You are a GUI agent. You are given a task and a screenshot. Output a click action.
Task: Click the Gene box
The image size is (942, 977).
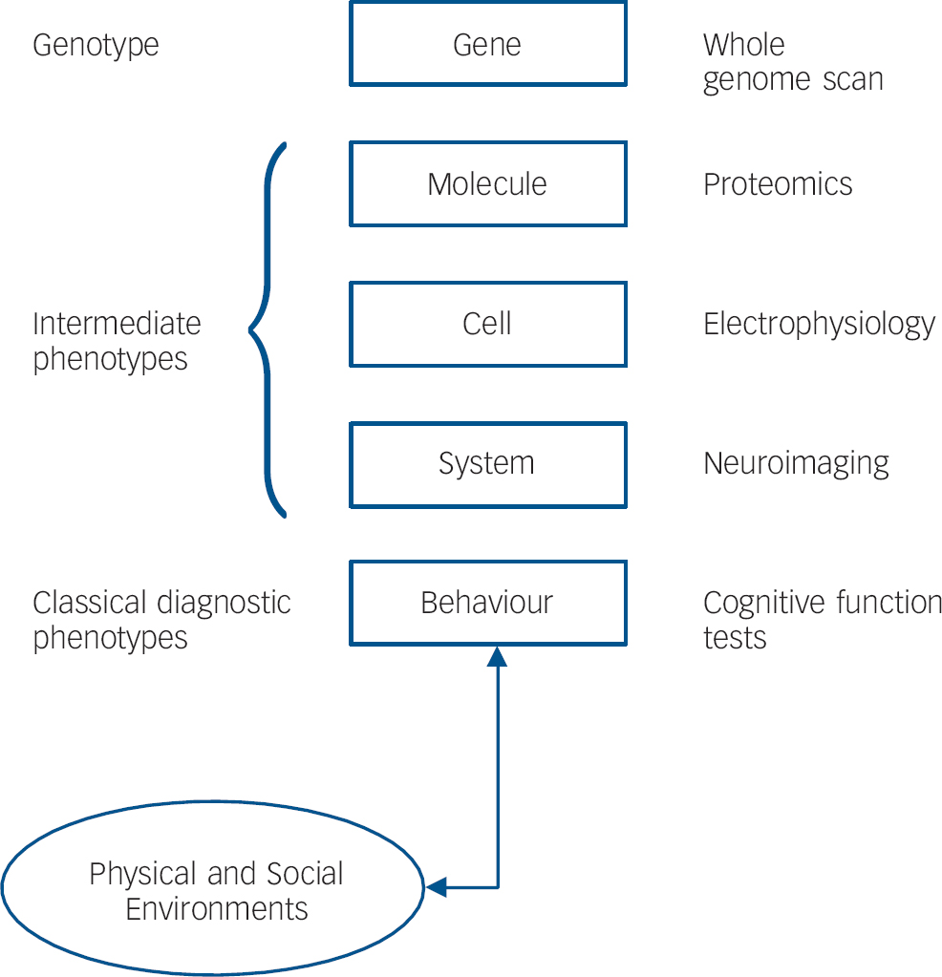(487, 44)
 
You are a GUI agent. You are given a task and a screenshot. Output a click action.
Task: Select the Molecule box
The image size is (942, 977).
(487, 184)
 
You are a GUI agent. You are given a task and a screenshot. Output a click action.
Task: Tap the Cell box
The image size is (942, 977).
(487, 324)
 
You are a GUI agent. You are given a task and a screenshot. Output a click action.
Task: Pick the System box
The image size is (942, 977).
(487, 464)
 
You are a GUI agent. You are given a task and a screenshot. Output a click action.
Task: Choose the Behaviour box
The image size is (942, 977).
(487, 603)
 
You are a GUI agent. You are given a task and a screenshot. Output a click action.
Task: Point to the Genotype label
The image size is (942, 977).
(96, 45)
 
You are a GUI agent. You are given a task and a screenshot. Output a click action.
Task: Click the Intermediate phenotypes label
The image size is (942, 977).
(117, 341)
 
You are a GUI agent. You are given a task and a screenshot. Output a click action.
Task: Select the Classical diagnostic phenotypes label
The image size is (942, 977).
(161, 620)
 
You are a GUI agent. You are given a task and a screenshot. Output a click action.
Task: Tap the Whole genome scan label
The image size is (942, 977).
(793, 62)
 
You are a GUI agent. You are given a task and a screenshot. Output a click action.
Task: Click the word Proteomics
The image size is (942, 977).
(778, 184)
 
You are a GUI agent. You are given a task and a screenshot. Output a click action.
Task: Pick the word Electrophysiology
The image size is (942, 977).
(819, 325)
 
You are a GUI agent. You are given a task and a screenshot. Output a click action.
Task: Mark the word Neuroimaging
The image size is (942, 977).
(796, 464)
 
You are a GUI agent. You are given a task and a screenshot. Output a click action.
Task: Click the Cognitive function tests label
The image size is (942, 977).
(822, 620)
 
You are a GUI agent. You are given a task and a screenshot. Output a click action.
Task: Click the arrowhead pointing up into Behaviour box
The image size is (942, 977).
(497, 657)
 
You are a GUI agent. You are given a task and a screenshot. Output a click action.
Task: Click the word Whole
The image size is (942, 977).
(743, 45)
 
